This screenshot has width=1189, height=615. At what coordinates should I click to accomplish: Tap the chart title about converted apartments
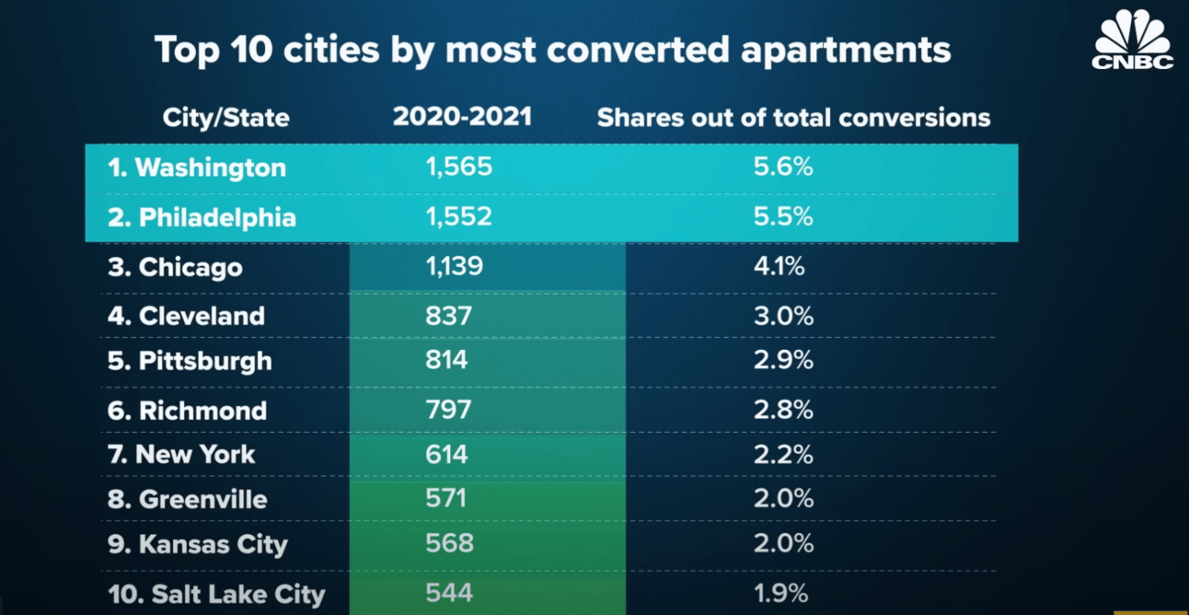552,50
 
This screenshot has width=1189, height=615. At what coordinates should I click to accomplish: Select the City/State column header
225,118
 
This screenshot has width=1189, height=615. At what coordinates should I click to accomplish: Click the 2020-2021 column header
462,117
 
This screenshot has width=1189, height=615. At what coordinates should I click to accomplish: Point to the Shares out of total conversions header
793,118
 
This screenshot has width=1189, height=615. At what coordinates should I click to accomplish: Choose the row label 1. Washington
196,168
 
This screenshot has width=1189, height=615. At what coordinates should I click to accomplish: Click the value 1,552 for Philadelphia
458,217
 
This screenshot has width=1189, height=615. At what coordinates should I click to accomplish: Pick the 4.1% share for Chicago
779,267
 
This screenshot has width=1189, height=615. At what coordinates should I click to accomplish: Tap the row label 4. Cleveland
186,316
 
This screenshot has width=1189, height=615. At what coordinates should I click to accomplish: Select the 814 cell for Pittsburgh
446,360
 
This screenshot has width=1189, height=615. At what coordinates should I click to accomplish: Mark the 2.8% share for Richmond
783,410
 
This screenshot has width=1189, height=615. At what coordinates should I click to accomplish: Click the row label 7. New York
181,454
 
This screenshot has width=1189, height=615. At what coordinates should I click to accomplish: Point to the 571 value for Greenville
446,498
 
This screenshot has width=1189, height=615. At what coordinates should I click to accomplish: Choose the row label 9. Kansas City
197,544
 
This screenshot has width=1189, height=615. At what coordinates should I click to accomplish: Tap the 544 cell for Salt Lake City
448,593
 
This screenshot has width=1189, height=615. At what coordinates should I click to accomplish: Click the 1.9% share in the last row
780,593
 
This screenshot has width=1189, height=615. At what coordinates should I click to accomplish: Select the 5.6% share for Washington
783,168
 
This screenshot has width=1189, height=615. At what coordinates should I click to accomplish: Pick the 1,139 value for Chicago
454,267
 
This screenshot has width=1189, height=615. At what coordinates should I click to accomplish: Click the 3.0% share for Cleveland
783,316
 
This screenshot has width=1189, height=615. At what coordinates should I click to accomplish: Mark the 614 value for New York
446,454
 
